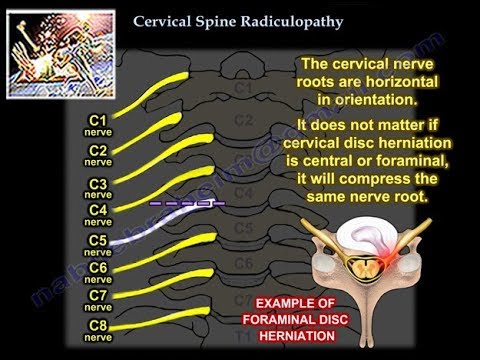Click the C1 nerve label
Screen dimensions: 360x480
pos(98,125)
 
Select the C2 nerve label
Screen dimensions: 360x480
pos(98,155)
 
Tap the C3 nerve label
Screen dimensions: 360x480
pos(98,188)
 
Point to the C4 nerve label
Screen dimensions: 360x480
pos(98,214)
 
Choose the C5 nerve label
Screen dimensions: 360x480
pos(98,245)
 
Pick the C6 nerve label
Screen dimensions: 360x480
pos(98,272)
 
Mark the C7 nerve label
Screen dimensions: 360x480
pos(98,300)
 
